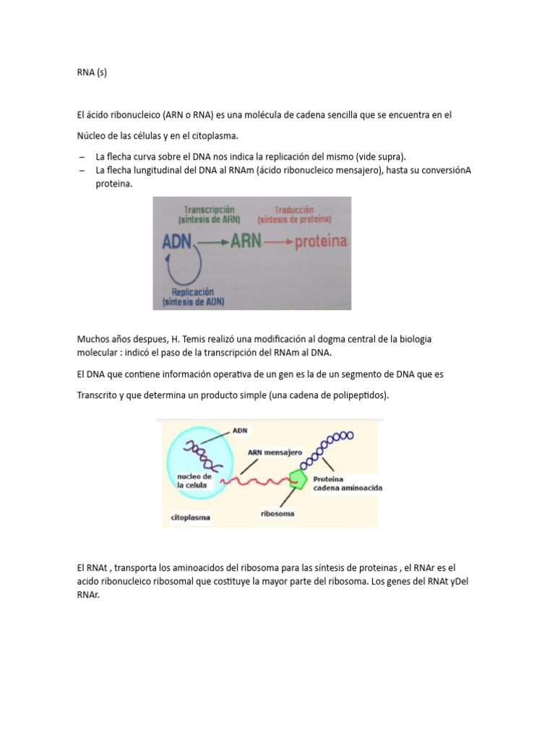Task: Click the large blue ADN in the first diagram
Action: pyautogui.click(x=178, y=242)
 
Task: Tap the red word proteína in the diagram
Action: pyautogui.click(x=322, y=242)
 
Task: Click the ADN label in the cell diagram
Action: pyautogui.click(x=240, y=431)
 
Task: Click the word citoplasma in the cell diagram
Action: pyautogui.click(x=191, y=517)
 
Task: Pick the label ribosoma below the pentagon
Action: pyautogui.click(x=277, y=515)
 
